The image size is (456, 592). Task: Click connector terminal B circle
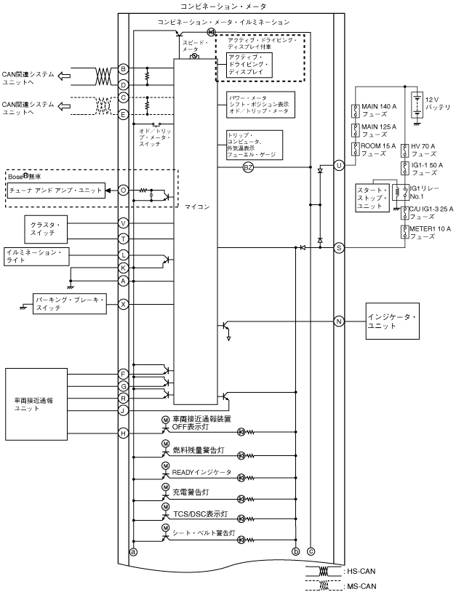[x=124, y=69]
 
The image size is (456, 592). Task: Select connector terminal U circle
[x=339, y=167]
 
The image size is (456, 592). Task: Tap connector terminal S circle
[x=339, y=248]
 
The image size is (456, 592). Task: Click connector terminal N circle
[x=339, y=321]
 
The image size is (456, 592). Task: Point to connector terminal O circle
[x=124, y=190]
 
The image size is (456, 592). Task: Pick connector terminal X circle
[x=124, y=304]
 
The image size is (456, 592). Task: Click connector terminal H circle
[x=124, y=433]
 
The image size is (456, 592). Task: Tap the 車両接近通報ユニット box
[x=36, y=404]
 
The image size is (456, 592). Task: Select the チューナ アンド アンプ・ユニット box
[x=55, y=190]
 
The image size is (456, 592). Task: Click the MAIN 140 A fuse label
[x=379, y=111]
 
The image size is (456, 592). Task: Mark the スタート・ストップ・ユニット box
[x=372, y=201]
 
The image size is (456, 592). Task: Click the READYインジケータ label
[x=202, y=473]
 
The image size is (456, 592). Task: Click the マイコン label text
[x=197, y=207]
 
